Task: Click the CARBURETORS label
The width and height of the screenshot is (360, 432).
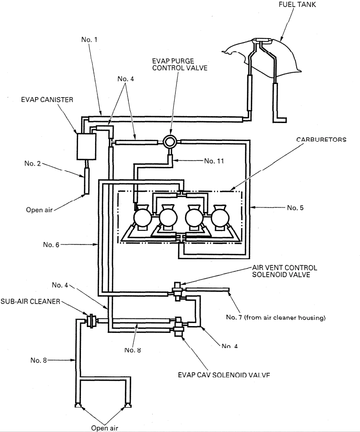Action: (x=320, y=140)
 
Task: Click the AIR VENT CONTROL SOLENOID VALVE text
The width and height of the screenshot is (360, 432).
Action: (x=284, y=271)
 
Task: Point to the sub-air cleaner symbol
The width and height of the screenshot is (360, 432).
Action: (x=90, y=321)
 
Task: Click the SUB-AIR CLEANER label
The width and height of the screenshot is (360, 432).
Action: (x=30, y=302)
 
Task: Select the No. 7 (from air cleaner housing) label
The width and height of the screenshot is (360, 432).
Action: (x=275, y=318)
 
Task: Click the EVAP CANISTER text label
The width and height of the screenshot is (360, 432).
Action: (x=47, y=100)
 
